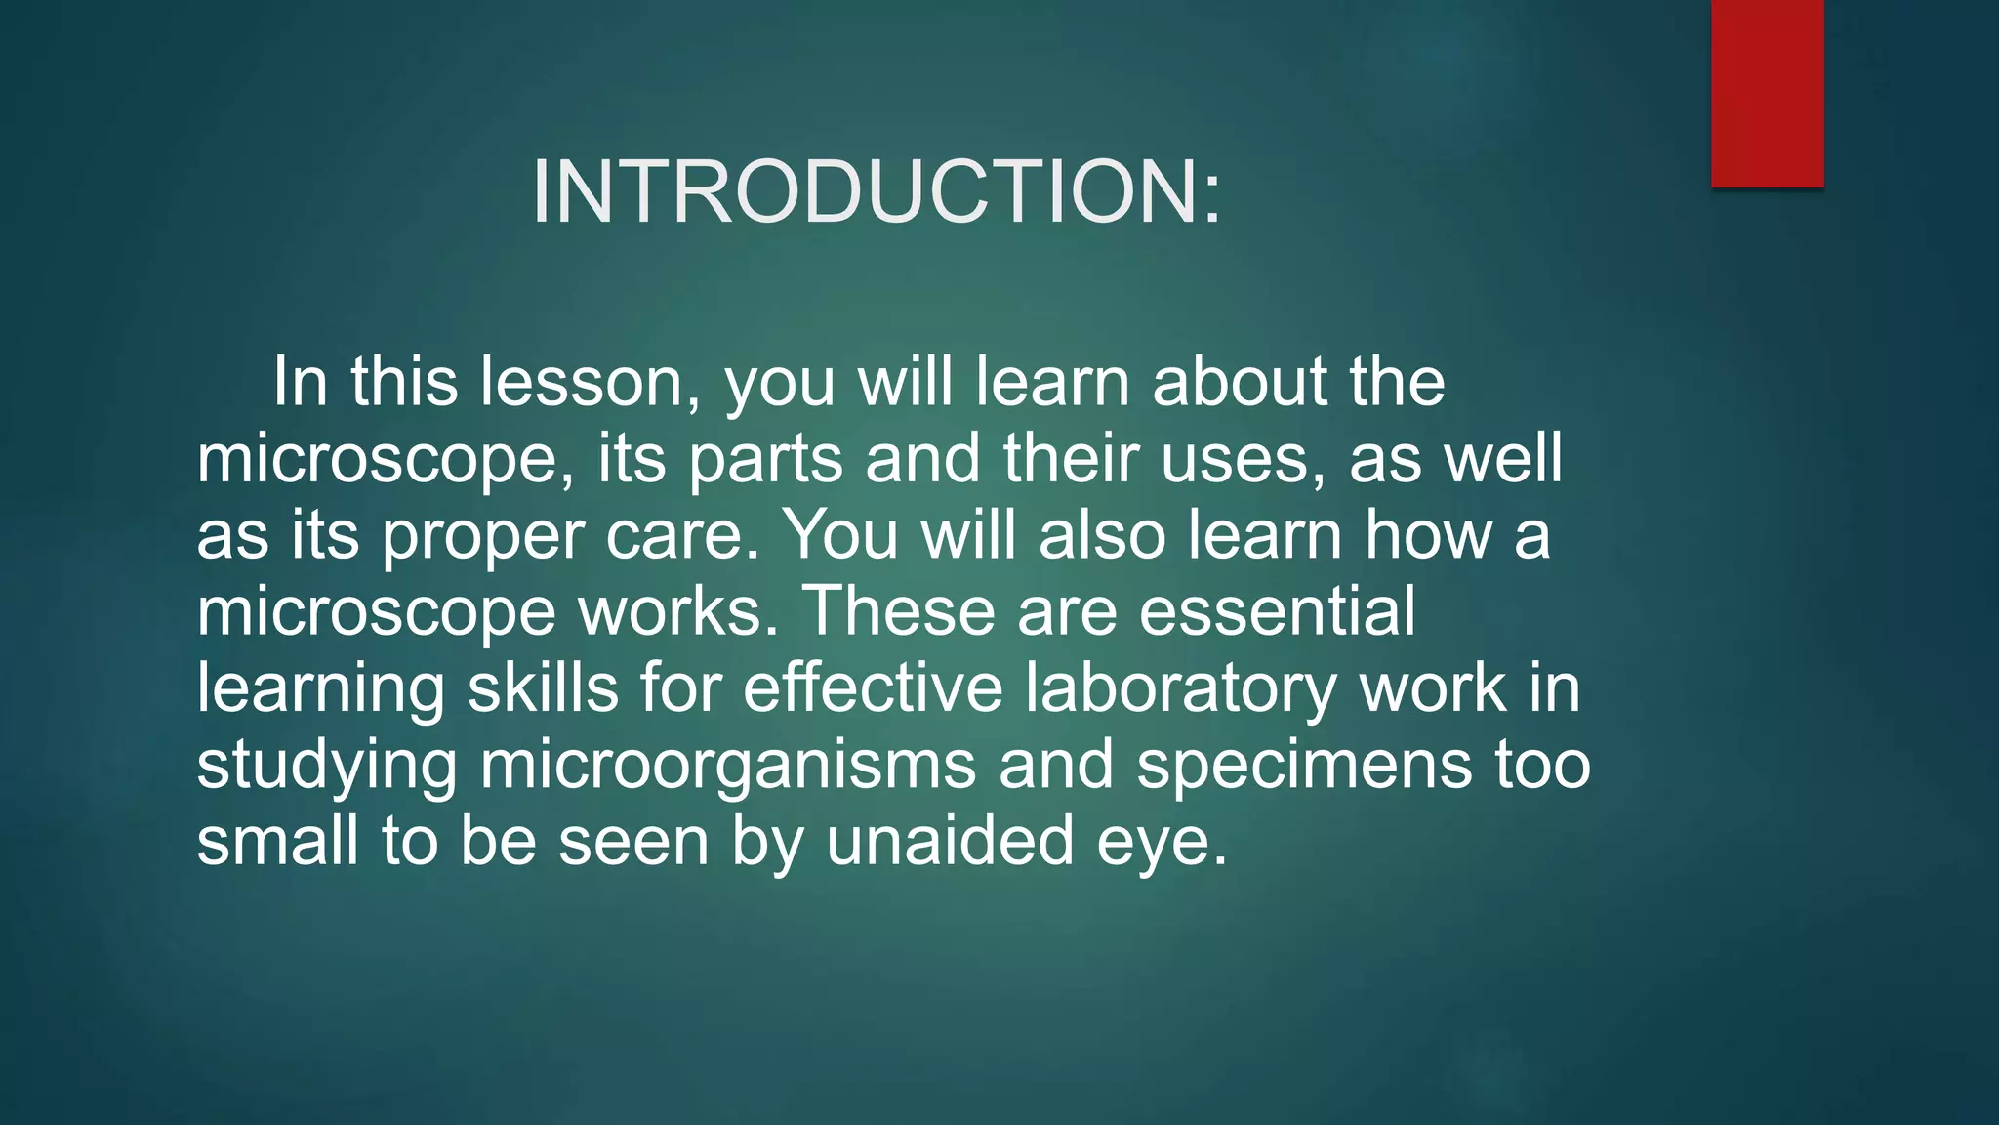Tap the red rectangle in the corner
pos(1767,93)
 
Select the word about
pos(1240,382)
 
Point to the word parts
pos(765,459)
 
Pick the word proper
pos(482,537)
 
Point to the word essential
pos(1277,611)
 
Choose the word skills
pos(543,687)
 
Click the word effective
pos(873,687)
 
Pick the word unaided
pos(950,841)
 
